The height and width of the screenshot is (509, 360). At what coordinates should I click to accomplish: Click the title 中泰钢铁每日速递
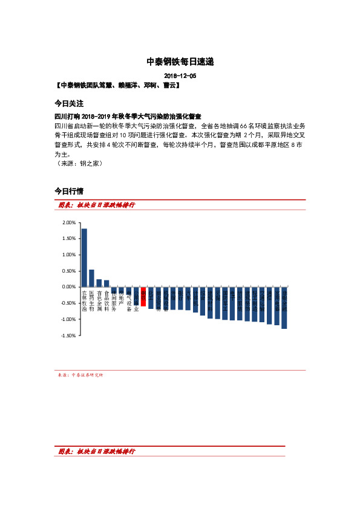[180, 62]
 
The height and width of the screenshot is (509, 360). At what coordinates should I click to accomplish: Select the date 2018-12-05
[180, 76]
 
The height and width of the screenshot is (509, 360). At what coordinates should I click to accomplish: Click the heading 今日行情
[68, 191]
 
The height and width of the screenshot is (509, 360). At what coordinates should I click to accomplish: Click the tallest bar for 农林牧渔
[84, 258]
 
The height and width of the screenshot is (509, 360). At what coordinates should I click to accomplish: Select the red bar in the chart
[143, 293]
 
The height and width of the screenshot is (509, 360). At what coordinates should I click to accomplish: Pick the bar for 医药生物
[91, 278]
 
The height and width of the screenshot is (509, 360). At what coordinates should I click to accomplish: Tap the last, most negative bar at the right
[284, 308]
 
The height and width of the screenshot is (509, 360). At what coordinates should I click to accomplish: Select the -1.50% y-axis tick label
[68, 335]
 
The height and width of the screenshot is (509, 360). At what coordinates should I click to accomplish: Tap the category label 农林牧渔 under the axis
[84, 300]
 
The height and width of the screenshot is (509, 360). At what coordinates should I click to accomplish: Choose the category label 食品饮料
[106, 300]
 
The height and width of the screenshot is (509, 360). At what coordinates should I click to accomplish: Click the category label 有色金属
[99, 300]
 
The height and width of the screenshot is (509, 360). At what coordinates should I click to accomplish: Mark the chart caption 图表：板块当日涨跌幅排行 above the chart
[96, 205]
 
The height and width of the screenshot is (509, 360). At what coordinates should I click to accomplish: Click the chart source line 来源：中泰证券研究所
[80, 375]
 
